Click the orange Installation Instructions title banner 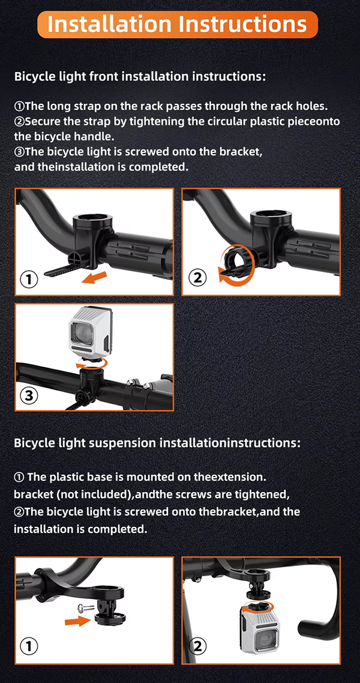tap(178, 24)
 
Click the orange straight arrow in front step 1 tap(94, 276)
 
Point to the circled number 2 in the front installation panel tap(198, 277)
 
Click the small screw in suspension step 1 tap(84, 606)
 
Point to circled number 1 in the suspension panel tap(29, 646)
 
